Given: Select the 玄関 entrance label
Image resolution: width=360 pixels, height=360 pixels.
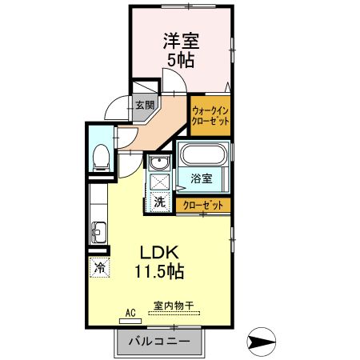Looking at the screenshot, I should (x=144, y=105).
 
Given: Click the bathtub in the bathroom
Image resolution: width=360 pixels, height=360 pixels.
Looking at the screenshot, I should (x=205, y=155).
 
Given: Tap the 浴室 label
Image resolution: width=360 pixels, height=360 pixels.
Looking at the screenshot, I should (x=201, y=180).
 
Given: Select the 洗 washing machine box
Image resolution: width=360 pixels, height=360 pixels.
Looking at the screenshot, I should (x=158, y=202).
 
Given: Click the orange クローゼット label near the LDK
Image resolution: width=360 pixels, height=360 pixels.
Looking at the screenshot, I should (x=203, y=205).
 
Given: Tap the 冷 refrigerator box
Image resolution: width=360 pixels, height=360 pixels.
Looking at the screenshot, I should (x=100, y=267).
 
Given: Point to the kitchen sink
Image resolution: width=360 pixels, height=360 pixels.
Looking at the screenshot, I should (x=100, y=234).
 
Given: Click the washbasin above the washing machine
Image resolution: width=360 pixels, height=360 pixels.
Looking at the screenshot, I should (x=158, y=164).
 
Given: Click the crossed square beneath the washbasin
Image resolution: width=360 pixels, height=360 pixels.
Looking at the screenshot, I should (x=158, y=182).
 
